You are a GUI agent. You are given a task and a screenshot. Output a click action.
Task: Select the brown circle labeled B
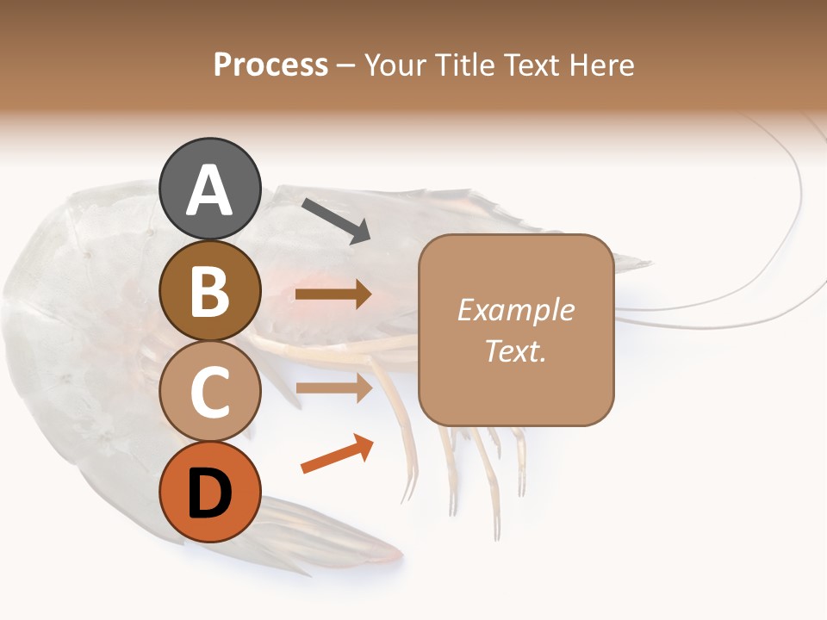pos(210,290)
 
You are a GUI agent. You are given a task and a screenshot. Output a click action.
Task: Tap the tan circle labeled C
pos(210,392)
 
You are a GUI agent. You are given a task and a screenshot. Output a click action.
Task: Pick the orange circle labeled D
pos(210,493)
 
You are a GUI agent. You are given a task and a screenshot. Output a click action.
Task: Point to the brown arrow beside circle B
pos(333,294)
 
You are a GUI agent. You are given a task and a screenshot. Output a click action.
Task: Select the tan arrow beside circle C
pos(333,387)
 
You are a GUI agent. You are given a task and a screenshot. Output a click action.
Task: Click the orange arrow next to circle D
pos(337,453)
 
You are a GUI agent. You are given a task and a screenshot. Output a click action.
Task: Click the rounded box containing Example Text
pos(516,330)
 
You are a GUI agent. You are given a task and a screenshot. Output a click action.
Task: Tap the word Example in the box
pos(515,310)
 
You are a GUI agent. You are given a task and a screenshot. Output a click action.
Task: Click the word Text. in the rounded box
pos(515,350)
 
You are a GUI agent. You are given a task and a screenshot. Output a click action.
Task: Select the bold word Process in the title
pos(270,65)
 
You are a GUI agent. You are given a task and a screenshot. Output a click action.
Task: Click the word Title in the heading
pos(464,65)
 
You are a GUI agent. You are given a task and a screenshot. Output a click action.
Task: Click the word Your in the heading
pos(393,65)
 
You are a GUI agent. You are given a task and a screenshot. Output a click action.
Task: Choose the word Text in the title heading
pos(532,65)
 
